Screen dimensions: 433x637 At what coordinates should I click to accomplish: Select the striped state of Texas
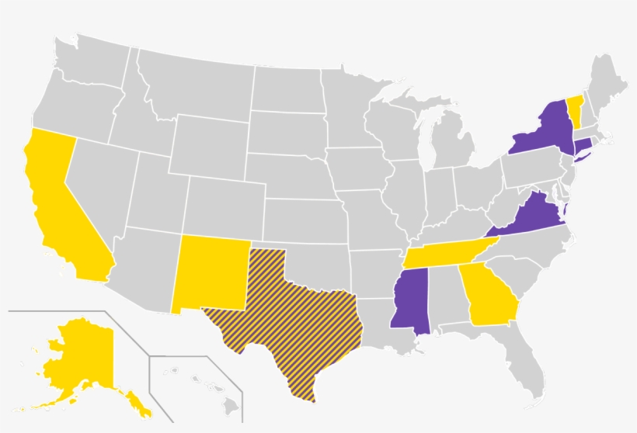(295, 318)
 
